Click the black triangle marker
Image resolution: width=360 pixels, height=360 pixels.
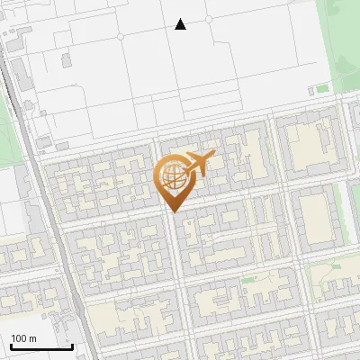pos(181,24)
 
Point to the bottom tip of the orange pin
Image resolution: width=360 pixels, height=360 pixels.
pos(172,211)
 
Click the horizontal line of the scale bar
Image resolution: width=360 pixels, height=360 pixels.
pos(40,346)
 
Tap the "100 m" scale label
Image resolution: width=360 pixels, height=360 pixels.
pos(24,337)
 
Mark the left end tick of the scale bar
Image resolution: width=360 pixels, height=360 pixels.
pos(10,344)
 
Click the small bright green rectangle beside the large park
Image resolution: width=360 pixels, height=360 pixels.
pos(320,89)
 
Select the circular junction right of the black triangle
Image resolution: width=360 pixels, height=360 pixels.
pos(209,19)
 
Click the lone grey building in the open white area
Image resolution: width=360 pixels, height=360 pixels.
pos(66,62)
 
